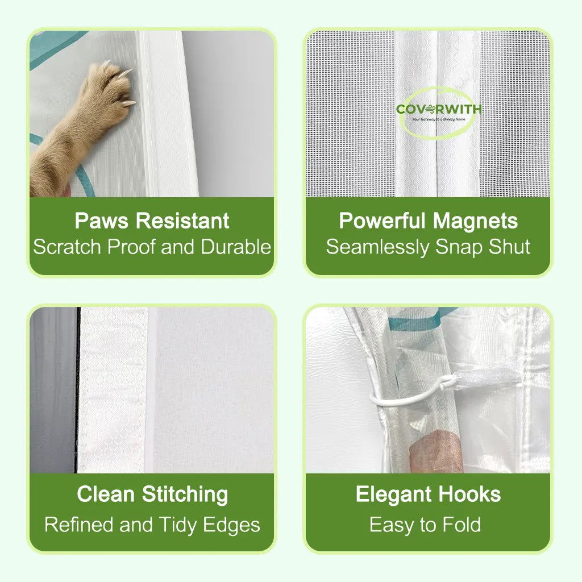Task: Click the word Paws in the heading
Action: pyautogui.click(x=102, y=221)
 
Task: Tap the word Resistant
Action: pyautogui.click(x=182, y=221)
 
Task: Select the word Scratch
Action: pyautogui.click(x=67, y=247)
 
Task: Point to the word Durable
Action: pyautogui.click(x=236, y=247)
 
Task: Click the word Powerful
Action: pyautogui.click(x=382, y=221)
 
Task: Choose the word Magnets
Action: pyautogui.click(x=476, y=222)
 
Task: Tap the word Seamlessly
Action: pyautogui.click(x=377, y=248)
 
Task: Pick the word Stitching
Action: pyautogui.click(x=185, y=495)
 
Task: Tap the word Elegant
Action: pyautogui.click(x=394, y=495)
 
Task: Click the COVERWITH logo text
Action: pyautogui.click(x=439, y=109)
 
